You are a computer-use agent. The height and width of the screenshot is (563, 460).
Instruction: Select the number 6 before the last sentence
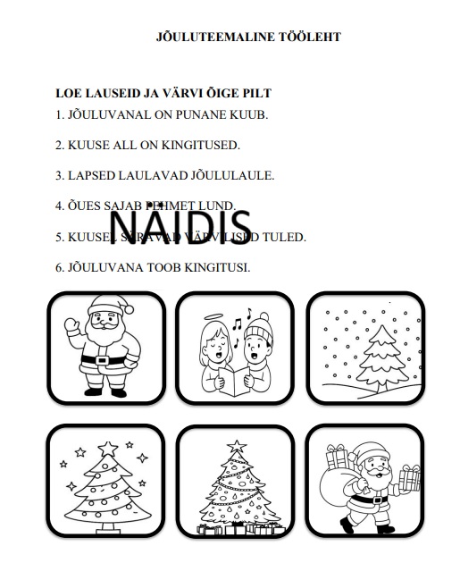[58, 267]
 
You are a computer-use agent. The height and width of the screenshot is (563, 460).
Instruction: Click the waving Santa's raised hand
[72, 324]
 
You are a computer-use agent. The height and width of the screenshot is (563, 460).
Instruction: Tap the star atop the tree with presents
[237, 445]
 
